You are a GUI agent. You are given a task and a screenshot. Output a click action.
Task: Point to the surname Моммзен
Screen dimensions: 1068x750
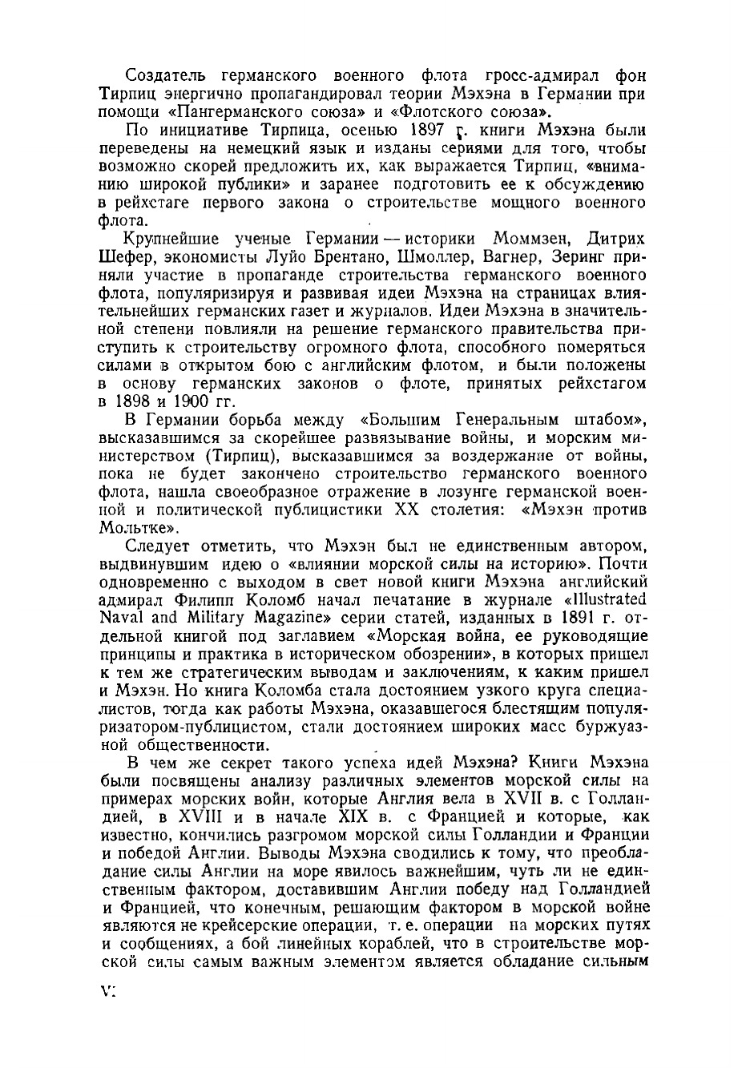(535, 240)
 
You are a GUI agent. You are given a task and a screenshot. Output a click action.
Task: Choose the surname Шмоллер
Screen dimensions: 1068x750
(447, 258)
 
